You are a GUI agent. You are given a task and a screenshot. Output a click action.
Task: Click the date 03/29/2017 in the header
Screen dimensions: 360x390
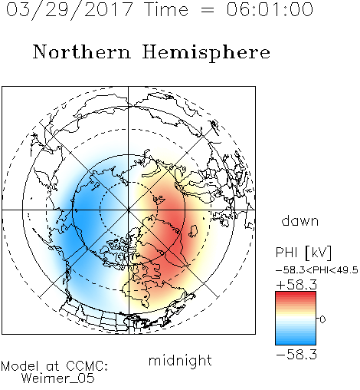(70, 10)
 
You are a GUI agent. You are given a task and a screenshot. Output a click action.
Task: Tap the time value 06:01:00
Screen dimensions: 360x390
(270, 9)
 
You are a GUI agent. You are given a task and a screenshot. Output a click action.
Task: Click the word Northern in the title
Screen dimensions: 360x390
(82, 51)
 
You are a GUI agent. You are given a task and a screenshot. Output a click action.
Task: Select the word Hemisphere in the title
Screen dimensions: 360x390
(206, 53)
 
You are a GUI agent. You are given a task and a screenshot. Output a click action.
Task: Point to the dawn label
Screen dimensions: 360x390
(300, 220)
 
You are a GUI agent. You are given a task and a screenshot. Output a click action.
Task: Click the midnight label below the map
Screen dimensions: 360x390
(180, 361)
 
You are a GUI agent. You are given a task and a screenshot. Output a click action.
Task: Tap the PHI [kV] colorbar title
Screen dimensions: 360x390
(303, 253)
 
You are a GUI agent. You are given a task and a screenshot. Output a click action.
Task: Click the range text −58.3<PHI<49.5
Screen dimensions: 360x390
(317, 270)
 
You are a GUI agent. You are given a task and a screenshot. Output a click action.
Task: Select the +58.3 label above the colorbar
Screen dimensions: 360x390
(296, 285)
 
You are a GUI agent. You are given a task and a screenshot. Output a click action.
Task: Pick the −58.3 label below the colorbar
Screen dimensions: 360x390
(296, 355)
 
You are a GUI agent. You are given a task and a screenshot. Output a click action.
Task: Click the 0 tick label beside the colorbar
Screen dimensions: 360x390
(322, 319)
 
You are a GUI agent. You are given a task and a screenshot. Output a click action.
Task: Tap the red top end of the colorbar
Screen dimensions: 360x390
(296, 293)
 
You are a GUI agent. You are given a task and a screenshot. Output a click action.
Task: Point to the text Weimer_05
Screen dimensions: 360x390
(57, 378)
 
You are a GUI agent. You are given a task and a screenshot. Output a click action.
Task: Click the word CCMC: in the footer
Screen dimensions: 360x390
(87, 366)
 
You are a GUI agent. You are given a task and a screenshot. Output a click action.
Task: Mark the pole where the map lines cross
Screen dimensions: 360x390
(129, 210)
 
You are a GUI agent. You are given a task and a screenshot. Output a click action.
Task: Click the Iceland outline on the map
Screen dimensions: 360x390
(194, 231)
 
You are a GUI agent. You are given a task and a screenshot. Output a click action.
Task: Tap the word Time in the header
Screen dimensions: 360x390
(166, 9)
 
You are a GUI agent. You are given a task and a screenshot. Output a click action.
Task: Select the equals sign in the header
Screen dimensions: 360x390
(208, 10)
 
